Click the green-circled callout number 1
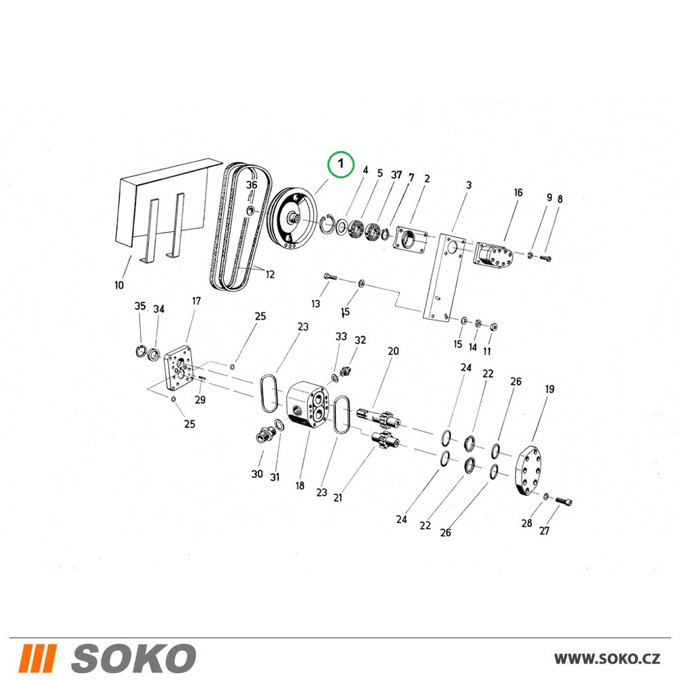tap(341, 164)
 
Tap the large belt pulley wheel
tap(292, 218)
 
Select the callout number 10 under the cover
tap(119, 285)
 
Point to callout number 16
tap(518, 192)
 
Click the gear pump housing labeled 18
tap(308, 405)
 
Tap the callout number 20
tap(393, 351)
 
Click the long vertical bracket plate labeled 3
tap(444, 278)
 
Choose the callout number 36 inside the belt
tap(252, 185)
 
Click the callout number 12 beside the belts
tap(270, 274)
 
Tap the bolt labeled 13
tap(330, 276)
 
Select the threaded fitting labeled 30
tap(265, 434)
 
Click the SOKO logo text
tap(134, 658)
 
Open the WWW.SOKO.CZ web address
tap(607, 659)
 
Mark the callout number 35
tap(140, 306)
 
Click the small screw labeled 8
tap(545, 258)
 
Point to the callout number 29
tap(200, 399)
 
